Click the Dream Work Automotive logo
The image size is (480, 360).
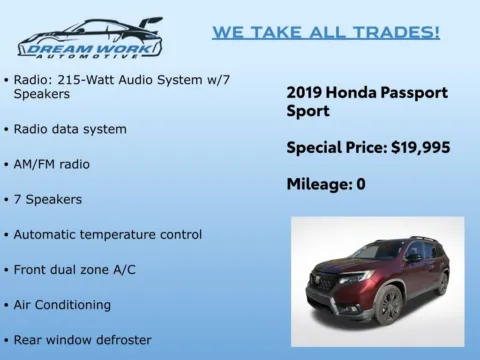pyautogui.click(x=89, y=38)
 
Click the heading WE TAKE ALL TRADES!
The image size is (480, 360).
pyautogui.click(x=325, y=32)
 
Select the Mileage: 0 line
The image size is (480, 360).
pyautogui.click(x=326, y=183)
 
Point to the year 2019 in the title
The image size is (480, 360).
pyautogui.click(x=304, y=92)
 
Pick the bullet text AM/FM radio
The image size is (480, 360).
pyautogui.click(x=52, y=164)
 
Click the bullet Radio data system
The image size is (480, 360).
pyautogui.click(x=70, y=129)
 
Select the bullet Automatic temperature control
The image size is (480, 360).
pyautogui.click(x=107, y=234)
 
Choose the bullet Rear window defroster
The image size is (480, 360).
pyautogui.click(x=82, y=340)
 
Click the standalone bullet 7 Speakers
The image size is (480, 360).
pyautogui.click(x=48, y=199)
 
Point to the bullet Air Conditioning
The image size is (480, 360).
pyautogui.click(x=62, y=304)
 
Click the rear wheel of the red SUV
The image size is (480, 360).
pyautogui.click(x=442, y=282)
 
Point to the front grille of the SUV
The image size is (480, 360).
pyautogui.click(x=326, y=281)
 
